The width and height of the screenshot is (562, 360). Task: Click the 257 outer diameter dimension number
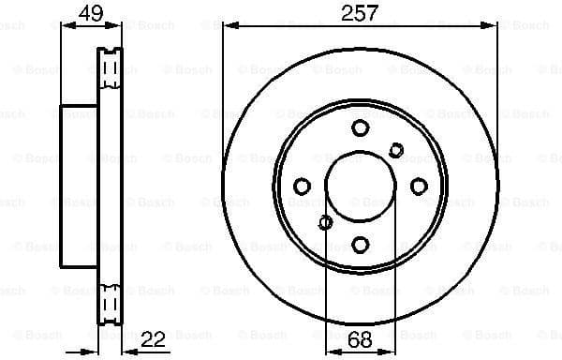click(x=361, y=13)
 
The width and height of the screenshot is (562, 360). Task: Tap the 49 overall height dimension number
click(x=88, y=13)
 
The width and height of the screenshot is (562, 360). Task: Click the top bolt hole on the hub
click(x=361, y=128)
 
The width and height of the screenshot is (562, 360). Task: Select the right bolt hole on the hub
click(x=418, y=186)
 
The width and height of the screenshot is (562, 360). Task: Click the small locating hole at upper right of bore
click(x=396, y=149)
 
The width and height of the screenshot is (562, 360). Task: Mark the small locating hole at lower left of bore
click(x=325, y=222)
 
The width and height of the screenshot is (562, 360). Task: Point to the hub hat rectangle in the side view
click(x=79, y=186)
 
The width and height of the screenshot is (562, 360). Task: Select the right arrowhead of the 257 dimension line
click(x=494, y=26)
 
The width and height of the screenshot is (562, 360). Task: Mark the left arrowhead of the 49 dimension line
click(x=65, y=26)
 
